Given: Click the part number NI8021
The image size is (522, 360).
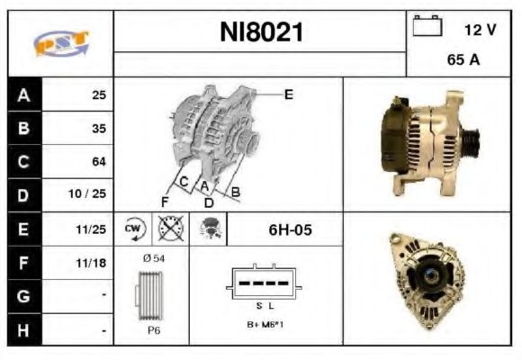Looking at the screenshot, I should pyautogui.click(x=262, y=33).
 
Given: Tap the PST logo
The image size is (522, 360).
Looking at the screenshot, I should pyautogui.click(x=61, y=43).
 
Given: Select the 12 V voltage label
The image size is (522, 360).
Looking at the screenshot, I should pyautogui.click(x=480, y=30).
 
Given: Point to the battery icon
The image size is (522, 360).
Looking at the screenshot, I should pyautogui.click(x=426, y=27).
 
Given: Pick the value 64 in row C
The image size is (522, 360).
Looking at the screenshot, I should pyautogui.click(x=98, y=162).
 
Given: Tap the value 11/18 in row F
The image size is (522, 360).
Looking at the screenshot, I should pyautogui.click(x=93, y=263).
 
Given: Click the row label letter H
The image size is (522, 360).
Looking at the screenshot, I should pyautogui.click(x=24, y=329).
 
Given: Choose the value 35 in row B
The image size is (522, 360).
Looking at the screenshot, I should pyautogui.click(x=98, y=129).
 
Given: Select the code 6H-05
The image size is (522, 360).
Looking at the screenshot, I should pyautogui.click(x=290, y=230).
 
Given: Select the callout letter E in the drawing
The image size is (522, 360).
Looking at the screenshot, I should pyautogui.click(x=288, y=94).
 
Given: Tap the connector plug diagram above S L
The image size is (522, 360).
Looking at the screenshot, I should pyautogui.click(x=265, y=282).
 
